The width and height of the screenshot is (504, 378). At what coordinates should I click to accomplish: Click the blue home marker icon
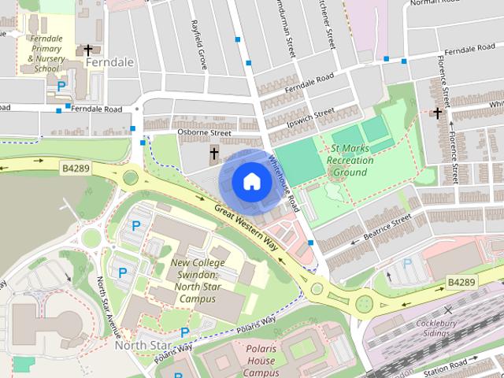[x=250, y=181]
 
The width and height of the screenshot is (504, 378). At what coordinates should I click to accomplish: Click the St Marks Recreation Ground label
[x=350, y=160]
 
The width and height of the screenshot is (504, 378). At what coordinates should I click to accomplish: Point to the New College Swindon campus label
[x=198, y=280]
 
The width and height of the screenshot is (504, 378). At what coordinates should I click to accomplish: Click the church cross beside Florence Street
[x=437, y=113]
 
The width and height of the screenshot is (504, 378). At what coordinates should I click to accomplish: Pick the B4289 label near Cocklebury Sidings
[x=462, y=281]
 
